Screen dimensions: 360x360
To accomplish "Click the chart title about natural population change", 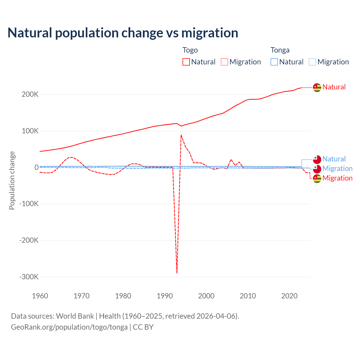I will (x=123, y=33).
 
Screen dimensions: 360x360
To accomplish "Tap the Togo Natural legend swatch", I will (x=186, y=62).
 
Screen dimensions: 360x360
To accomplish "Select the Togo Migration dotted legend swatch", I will (x=224, y=62).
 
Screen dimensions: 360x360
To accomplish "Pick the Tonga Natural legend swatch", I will (x=274, y=62).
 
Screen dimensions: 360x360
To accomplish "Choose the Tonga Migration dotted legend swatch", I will (x=312, y=62).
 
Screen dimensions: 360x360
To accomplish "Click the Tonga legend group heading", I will (x=280, y=50).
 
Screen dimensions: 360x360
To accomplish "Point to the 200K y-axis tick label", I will (x=30, y=94).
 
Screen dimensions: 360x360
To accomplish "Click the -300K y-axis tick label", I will (x=29, y=277).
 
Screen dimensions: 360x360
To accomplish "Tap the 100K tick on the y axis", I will (x=30, y=131).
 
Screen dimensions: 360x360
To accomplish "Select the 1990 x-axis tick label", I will (x=165, y=296).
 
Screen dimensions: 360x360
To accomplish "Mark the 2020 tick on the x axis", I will (x=289, y=296).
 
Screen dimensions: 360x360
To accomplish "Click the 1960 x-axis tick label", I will (x=40, y=296).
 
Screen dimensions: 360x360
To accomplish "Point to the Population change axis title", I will (x=12, y=180).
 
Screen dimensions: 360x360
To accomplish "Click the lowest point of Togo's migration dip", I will (x=177, y=273).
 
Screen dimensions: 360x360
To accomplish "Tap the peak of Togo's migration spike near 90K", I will (x=181, y=135).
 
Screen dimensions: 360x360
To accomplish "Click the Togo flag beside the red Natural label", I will (x=317, y=87).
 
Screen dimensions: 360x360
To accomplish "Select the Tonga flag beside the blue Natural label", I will (x=317, y=159).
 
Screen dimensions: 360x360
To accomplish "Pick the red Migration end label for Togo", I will (x=337, y=178).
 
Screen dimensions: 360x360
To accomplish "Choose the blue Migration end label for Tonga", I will (x=337, y=168).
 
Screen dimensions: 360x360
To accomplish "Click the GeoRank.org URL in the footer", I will (x=69, y=327).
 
